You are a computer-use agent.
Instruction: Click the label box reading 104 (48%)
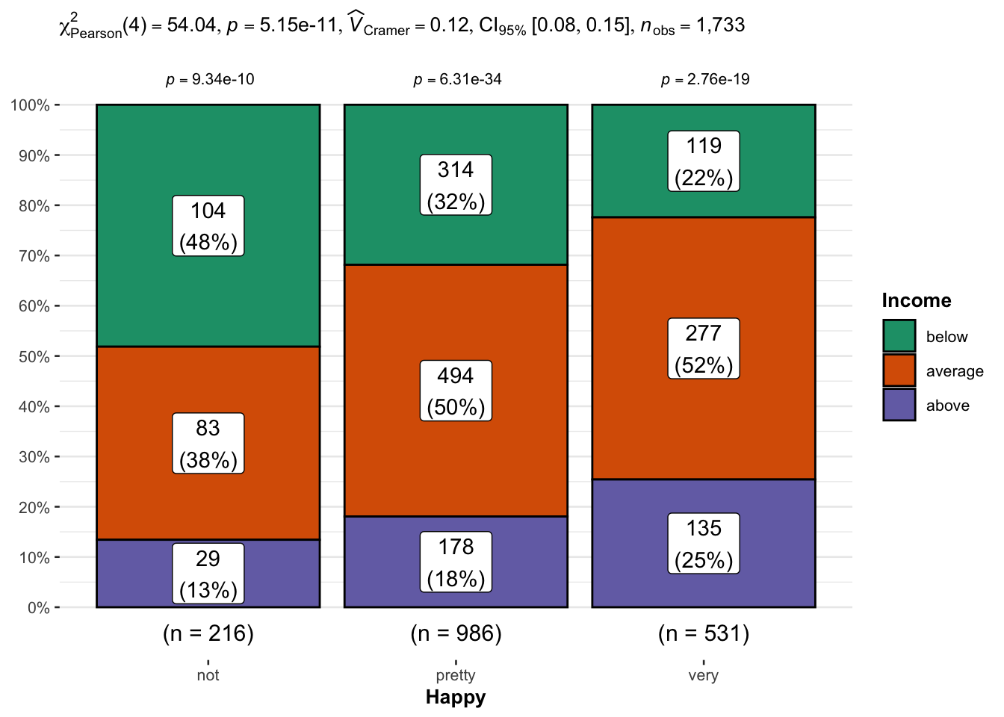pyautogui.click(x=208, y=226)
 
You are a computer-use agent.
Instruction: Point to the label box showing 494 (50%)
pyautogui.click(x=456, y=391)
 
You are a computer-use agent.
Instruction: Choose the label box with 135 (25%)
pyautogui.click(x=704, y=544)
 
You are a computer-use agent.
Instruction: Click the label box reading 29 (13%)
pyautogui.click(x=208, y=574)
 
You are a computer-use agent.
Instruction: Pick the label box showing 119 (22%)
pyautogui.click(x=704, y=161)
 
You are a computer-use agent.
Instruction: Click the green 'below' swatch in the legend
pyautogui.click(x=899, y=336)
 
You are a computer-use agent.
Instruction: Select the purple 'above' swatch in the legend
pyautogui.click(x=899, y=405)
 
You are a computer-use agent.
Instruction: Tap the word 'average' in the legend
pyautogui.click(x=954, y=371)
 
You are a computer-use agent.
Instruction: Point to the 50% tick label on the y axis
pyautogui.click(x=34, y=357)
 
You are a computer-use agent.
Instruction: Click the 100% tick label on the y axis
pyautogui.click(x=31, y=105)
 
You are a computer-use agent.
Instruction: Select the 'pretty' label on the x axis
pyautogui.click(x=456, y=675)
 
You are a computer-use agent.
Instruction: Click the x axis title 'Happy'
pyautogui.click(x=456, y=698)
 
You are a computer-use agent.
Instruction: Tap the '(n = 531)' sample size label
pyautogui.click(x=704, y=633)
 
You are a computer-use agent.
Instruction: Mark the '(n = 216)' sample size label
pyautogui.click(x=208, y=633)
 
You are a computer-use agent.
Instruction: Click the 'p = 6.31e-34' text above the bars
pyautogui.click(x=457, y=79)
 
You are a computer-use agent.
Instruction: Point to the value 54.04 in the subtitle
pyautogui.click(x=192, y=25)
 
